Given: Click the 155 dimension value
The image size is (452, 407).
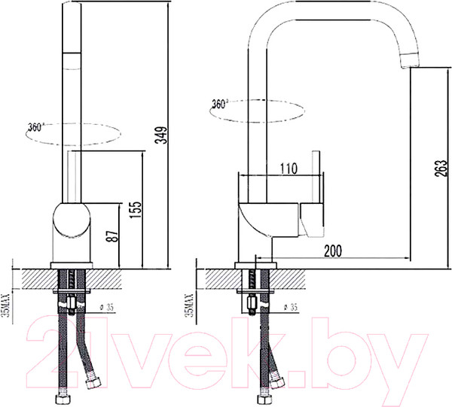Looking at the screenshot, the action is click(x=136, y=209).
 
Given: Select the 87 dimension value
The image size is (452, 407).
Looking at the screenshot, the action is click(x=113, y=236).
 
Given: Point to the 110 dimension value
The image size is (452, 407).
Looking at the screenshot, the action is click(x=288, y=169).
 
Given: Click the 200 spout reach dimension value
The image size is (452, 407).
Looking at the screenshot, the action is click(x=333, y=251).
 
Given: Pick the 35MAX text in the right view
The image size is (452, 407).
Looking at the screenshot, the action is click(x=189, y=305).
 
